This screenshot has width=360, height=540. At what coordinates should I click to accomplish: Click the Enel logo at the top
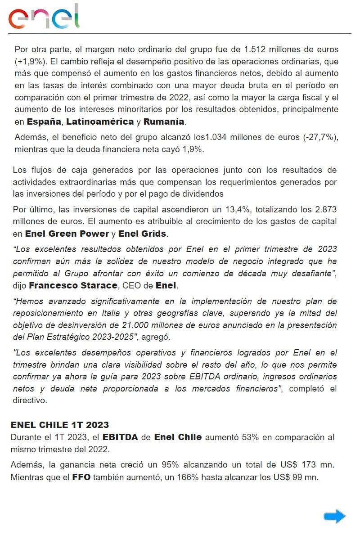[44, 17]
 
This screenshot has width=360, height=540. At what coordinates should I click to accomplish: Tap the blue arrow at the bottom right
[334, 516]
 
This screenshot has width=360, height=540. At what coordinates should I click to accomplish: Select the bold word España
[44, 121]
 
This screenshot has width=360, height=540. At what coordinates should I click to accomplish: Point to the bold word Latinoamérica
[100, 121]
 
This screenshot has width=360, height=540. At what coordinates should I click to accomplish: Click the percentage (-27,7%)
[321, 138]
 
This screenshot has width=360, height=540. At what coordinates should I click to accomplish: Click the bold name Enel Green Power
[67, 234]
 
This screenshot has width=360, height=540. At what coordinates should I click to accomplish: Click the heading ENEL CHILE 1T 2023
[59, 425]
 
